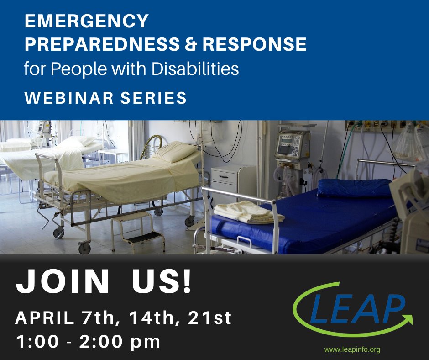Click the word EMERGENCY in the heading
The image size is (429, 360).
87,21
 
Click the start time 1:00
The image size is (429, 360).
37,342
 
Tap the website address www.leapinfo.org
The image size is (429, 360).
352,349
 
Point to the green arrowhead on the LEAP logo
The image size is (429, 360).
407,318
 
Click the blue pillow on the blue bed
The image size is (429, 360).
354,187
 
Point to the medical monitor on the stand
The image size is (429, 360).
293,144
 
